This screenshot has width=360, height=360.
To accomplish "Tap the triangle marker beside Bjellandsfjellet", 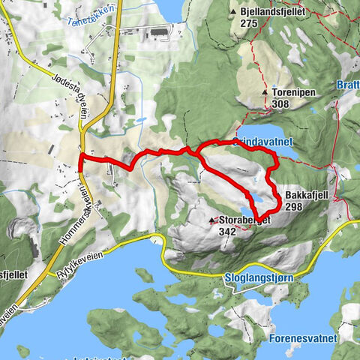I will pyautogui.click(x=234, y=13).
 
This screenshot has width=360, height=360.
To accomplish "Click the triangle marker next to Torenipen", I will pyautogui.click(x=265, y=93).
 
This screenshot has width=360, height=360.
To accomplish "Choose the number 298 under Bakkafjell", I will pyautogui.click(x=293, y=206).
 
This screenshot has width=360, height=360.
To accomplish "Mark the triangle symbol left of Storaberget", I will pyautogui.click(x=212, y=221).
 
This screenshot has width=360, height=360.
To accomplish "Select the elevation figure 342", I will pyautogui.click(x=226, y=232).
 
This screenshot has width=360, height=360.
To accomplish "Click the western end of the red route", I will pyautogui.click(x=81, y=159).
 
